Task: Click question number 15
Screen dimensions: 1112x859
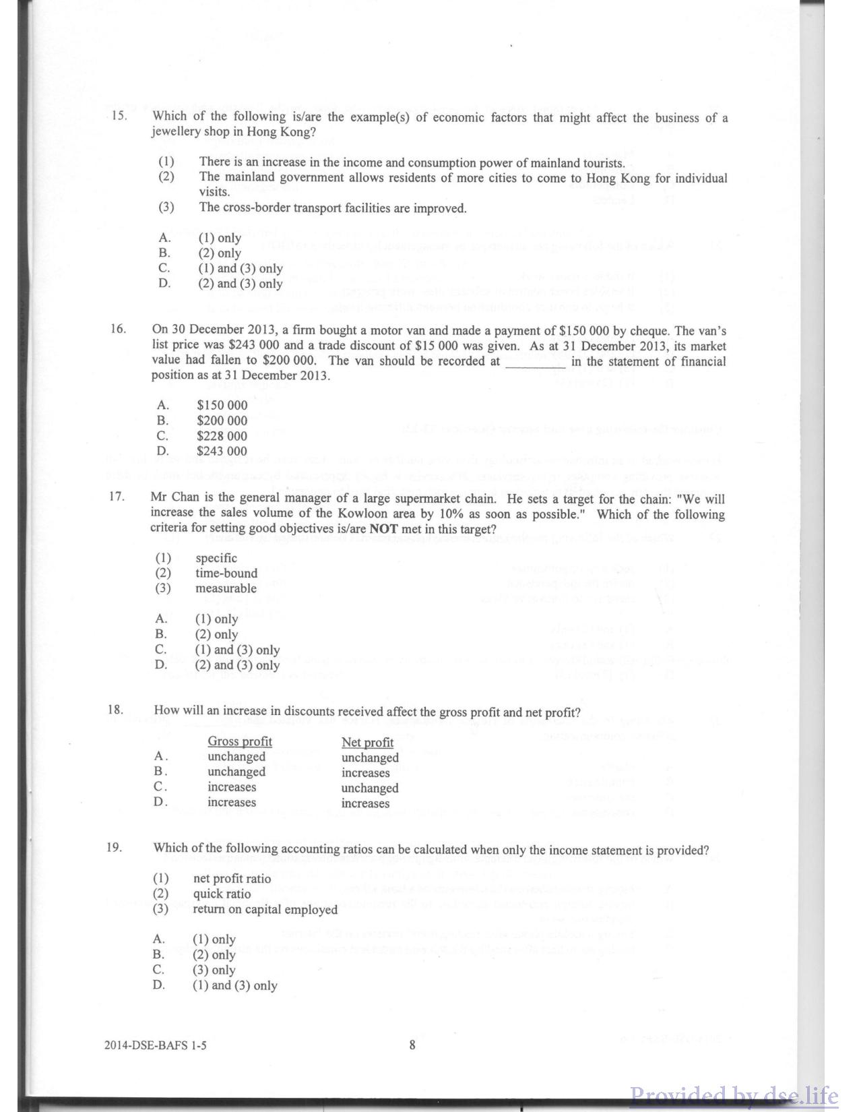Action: (x=119, y=115)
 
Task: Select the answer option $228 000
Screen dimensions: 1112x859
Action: (x=222, y=436)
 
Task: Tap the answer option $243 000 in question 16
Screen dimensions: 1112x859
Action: (x=222, y=452)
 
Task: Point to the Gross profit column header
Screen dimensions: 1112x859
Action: (x=240, y=741)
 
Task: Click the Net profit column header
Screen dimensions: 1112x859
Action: (x=367, y=742)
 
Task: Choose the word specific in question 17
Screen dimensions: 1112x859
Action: (x=216, y=558)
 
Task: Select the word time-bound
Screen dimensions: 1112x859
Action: (x=226, y=574)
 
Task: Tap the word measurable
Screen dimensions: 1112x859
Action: (x=226, y=588)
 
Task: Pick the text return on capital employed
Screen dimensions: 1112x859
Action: (x=265, y=910)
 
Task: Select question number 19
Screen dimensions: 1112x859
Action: (x=115, y=847)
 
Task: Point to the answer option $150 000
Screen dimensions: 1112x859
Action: (x=222, y=406)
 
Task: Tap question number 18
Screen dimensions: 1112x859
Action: (x=115, y=709)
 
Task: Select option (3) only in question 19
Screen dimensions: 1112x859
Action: (x=214, y=970)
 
